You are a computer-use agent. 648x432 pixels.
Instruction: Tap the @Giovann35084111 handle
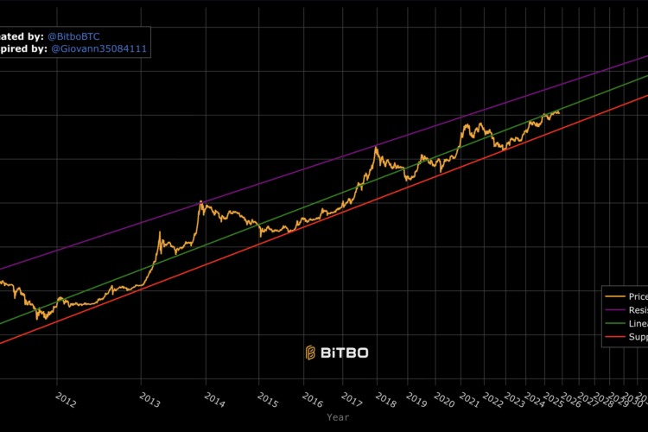pyautogui.click(x=100, y=49)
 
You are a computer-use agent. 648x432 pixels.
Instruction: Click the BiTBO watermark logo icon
pyautogui.click(x=311, y=353)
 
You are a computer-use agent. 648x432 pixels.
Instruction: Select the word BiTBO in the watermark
pyautogui.click(x=345, y=353)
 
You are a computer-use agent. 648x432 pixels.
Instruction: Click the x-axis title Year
pyautogui.click(x=338, y=416)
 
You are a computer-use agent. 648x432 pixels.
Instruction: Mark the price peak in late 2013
pyautogui.click(x=200, y=200)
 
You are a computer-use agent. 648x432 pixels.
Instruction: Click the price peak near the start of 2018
pyautogui.click(x=376, y=147)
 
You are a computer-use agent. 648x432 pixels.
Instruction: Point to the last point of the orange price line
pyautogui.click(x=559, y=112)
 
